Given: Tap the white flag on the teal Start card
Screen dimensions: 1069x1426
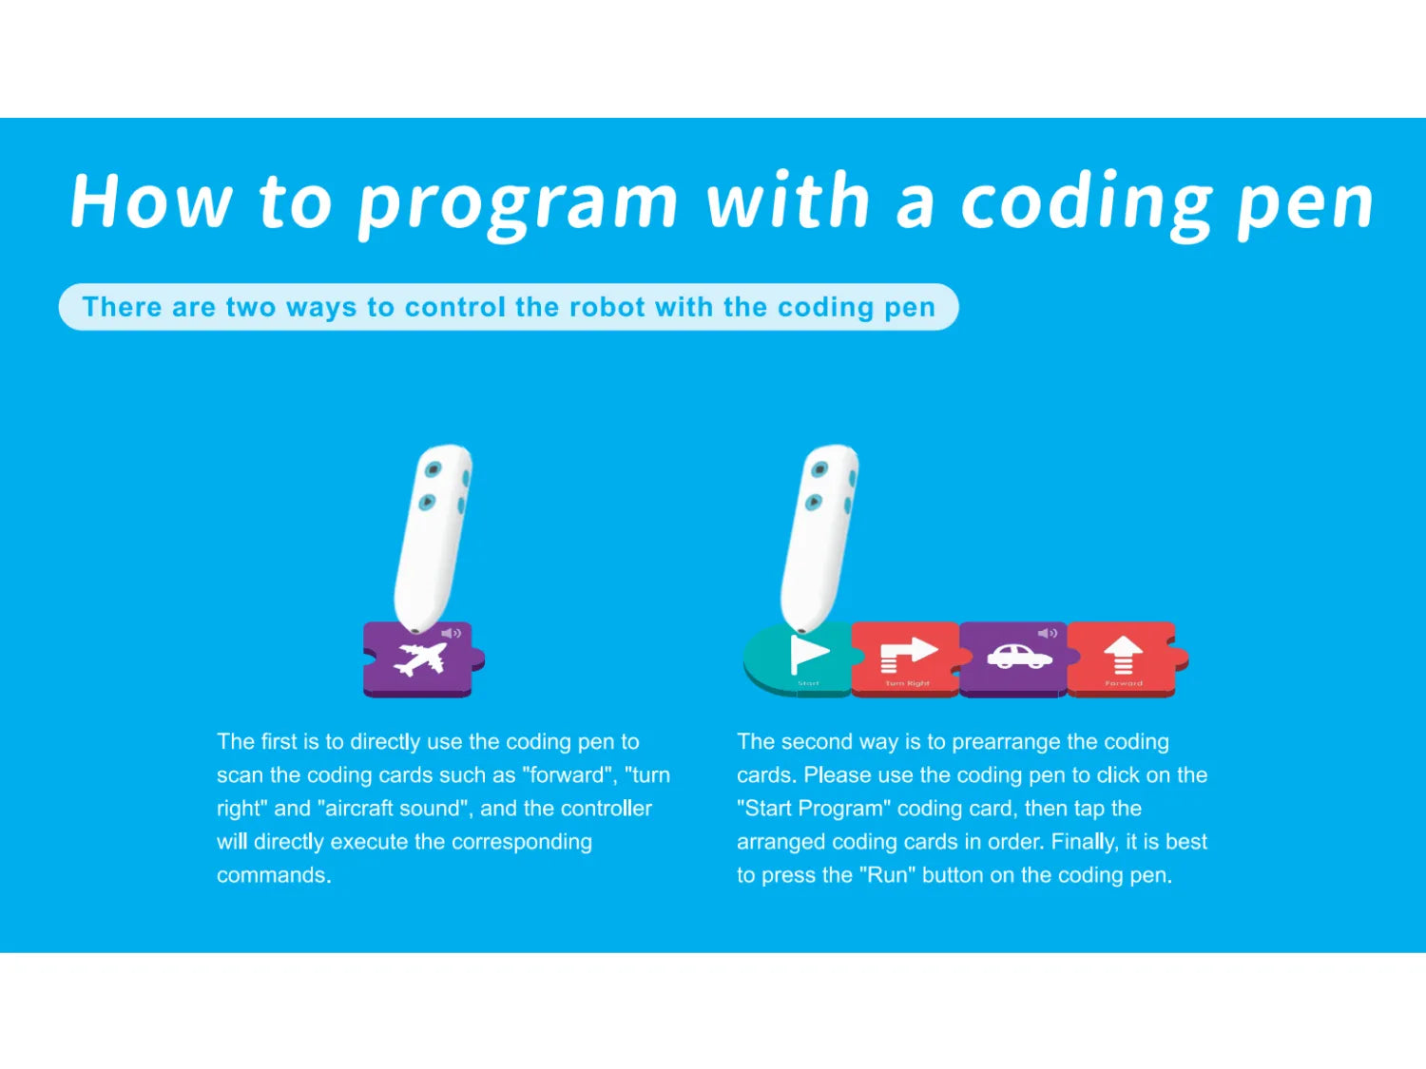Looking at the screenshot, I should (809, 654).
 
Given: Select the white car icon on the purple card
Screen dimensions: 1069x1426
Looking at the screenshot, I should (1019, 657).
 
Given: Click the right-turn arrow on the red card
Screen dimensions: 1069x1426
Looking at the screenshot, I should (908, 654).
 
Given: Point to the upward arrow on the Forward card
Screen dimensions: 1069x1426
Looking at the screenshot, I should (1123, 655).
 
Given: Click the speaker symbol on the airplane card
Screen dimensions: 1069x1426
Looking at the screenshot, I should (452, 633).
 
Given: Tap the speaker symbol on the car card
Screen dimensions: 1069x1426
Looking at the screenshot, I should (1048, 633).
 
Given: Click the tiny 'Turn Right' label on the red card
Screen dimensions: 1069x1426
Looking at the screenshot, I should (907, 683).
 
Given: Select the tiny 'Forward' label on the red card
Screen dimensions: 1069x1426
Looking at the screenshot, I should (1124, 683).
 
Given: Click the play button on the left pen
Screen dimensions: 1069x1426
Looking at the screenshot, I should (428, 502).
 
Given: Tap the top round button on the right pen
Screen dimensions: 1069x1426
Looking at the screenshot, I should (819, 468).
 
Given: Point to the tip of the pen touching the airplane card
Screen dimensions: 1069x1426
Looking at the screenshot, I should (414, 630).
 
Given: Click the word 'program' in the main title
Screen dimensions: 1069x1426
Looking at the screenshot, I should (518, 203).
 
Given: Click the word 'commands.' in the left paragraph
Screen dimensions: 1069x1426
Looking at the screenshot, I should (274, 875).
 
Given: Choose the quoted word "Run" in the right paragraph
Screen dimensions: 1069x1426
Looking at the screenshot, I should (887, 875).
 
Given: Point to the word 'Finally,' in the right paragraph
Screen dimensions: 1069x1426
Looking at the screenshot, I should (1085, 842).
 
